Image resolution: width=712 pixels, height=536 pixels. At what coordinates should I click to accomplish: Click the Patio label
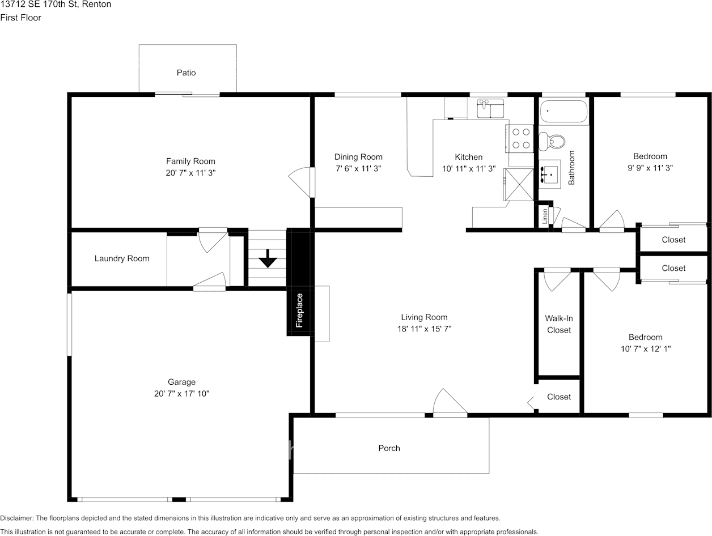click(186, 73)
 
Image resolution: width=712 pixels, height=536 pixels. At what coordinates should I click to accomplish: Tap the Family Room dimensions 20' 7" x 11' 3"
click(190, 173)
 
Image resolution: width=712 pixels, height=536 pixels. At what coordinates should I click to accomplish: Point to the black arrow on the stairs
click(268, 261)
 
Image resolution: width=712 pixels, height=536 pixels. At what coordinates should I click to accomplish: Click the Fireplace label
click(299, 310)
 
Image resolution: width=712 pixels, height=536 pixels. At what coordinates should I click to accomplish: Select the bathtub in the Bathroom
click(563, 111)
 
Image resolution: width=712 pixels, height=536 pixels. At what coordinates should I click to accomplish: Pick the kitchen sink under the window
click(490, 108)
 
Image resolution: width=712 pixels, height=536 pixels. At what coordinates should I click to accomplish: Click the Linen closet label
click(545, 216)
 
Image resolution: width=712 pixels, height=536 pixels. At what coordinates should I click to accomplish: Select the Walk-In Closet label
click(559, 324)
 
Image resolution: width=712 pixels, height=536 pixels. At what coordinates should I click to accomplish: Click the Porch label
click(389, 448)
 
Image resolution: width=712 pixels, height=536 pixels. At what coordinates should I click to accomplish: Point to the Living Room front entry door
click(449, 404)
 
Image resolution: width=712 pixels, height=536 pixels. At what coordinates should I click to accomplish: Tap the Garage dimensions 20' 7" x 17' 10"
click(181, 393)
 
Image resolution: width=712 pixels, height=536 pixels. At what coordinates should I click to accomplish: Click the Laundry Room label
click(122, 258)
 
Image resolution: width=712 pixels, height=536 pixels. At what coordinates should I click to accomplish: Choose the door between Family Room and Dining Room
click(302, 181)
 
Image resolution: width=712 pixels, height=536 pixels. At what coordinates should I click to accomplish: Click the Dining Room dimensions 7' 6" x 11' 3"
click(358, 168)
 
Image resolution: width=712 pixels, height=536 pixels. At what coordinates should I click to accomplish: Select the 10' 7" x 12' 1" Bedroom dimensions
click(646, 349)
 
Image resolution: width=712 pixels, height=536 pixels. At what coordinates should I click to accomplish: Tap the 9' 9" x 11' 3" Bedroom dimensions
click(650, 168)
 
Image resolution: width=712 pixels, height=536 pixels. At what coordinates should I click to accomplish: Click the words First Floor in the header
click(20, 18)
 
